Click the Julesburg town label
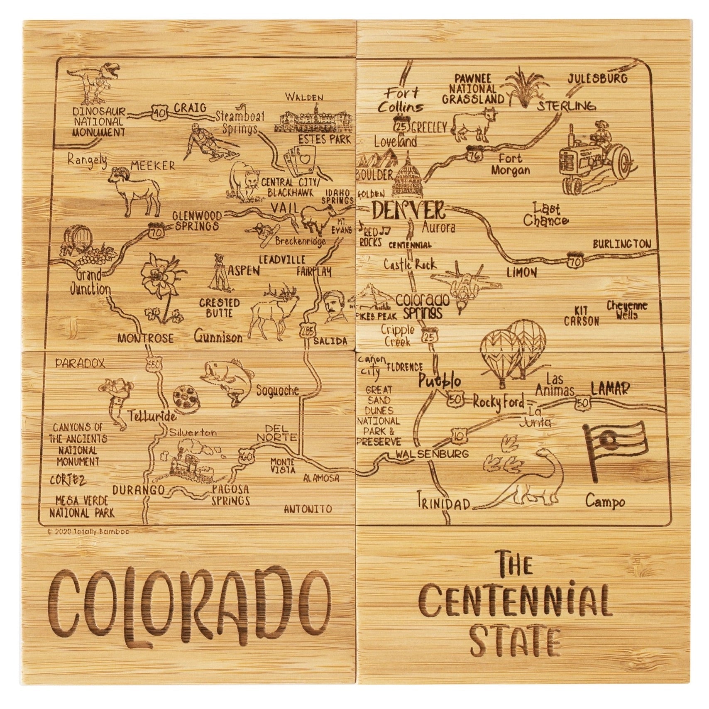pyautogui.click(x=597, y=78)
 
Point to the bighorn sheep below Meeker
pyautogui.click(x=135, y=189)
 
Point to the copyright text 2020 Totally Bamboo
pyautogui.click(x=88, y=531)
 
